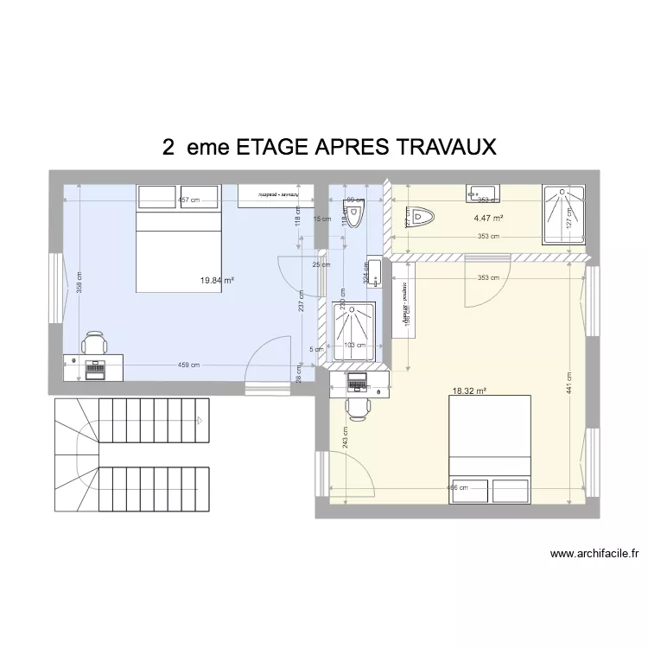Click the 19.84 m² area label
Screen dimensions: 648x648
click(218, 280)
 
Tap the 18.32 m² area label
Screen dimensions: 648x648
click(469, 391)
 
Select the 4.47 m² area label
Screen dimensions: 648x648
click(488, 218)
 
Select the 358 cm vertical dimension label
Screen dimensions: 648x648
click(78, 278)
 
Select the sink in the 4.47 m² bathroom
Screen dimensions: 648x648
click(481, 192)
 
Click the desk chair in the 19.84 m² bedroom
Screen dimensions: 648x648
click(92, 343)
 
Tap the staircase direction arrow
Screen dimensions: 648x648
click(200, 421)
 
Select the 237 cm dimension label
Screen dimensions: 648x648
click(300, 299)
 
